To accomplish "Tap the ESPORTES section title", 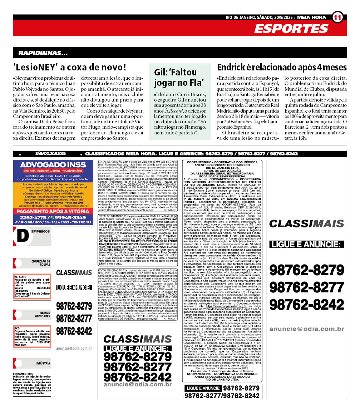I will (x=291, y=29).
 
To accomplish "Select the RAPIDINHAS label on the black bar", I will (x=43, y=53).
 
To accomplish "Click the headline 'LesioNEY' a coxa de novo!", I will (x=70, y=67).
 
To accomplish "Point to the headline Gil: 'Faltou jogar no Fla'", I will (x=181, y=78).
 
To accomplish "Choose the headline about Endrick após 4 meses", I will (x=282, y=67).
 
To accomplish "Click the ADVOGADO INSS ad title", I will (x=53, y=165).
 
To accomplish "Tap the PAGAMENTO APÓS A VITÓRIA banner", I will (x=53, y=211).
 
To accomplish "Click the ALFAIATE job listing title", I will (x=20, y=277).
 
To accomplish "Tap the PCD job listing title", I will (x=17, y=328).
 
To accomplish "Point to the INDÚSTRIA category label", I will (x=43, y=363).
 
